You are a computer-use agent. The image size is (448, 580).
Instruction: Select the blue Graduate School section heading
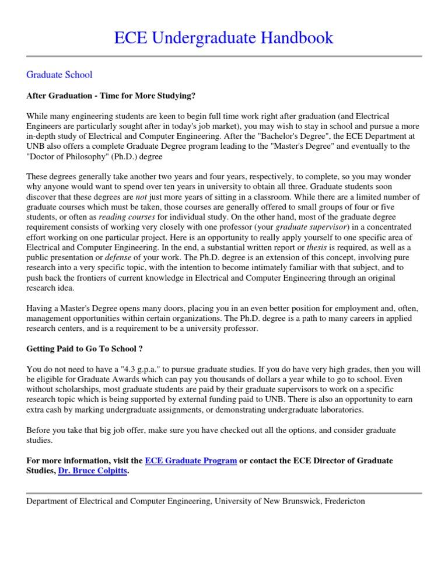point(60,75)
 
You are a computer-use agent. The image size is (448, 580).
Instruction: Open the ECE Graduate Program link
point(191,461)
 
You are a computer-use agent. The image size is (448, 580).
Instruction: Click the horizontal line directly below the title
point(224,57)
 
